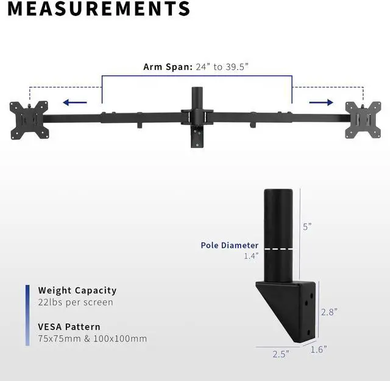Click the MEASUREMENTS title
(95, 9)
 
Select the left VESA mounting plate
(28, 119)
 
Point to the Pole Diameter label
(230, 246)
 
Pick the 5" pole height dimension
(307, 226)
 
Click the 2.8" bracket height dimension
(328, 312)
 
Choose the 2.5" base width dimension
(280, 353)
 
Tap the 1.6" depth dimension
(318, 349)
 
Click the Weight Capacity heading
(77, 290)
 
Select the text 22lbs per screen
(76, 302)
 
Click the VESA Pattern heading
(69, 326)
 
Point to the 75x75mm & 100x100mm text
(92, 338)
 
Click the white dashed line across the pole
(280, 249)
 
